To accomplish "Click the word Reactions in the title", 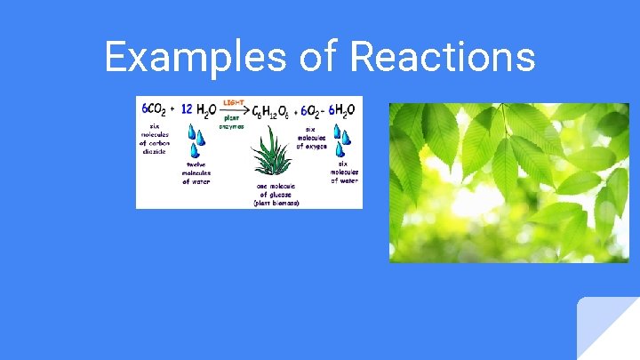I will [x=443, y=57].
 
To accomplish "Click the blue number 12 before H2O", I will [x=187, y=108].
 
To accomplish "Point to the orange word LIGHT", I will [x=234, y=102].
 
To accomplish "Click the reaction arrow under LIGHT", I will [x=233, y=109].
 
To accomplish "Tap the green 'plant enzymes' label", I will [x=232, y=121].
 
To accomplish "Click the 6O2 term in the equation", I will [x=312, y=110].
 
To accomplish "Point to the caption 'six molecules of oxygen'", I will [x=316, y=135].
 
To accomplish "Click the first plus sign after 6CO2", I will [x=172, y=109].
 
